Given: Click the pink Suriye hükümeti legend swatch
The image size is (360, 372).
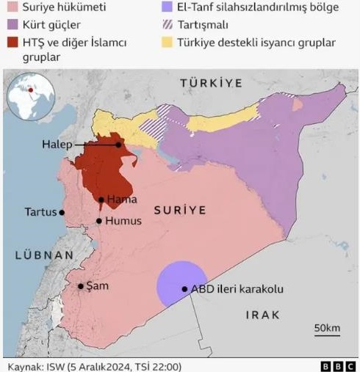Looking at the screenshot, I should point(12,10).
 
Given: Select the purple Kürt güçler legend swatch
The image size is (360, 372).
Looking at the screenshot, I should point(12,26).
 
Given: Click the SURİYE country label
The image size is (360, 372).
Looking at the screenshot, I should point(179,211).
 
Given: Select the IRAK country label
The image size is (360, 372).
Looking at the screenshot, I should point(262,315).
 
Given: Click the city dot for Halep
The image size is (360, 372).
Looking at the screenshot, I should point(118,145).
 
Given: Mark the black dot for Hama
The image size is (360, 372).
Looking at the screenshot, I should point(101,199).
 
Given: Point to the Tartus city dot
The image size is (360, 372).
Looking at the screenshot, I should point(62,213).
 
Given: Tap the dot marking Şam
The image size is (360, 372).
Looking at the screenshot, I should point(80,286).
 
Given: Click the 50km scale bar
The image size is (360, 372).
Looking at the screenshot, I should point(325,332).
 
